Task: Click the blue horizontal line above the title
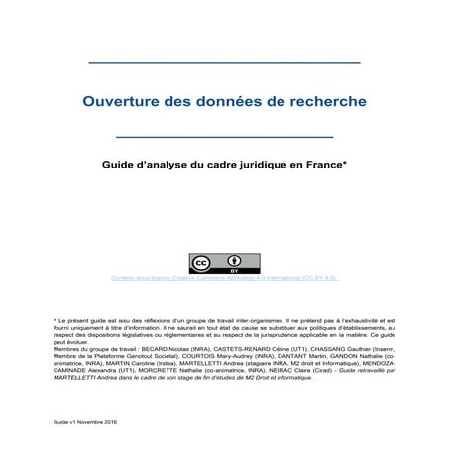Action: point(224,63)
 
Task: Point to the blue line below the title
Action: point(224,135)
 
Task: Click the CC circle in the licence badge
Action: point(202,263)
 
